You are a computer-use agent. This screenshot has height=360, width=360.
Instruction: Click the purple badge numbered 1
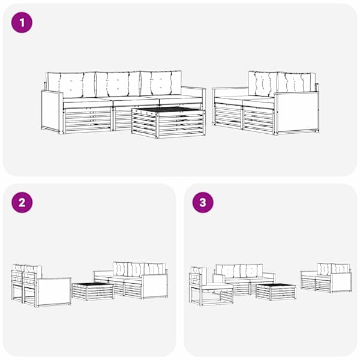(22, 23)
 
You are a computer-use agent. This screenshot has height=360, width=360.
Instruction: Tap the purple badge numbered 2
(22, 203)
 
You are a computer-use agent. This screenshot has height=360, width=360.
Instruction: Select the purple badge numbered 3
(203, 203)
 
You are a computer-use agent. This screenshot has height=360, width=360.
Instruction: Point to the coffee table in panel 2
(93, 292)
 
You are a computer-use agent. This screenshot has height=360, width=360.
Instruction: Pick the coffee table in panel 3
(276, 292)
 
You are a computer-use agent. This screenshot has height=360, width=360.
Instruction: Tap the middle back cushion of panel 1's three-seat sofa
(118, 84)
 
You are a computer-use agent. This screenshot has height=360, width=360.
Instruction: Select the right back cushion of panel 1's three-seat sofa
(161, 83)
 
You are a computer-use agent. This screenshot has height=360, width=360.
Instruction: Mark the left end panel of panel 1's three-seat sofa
(52, 112)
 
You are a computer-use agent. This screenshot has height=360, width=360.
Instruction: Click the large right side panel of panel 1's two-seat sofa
(297, 112)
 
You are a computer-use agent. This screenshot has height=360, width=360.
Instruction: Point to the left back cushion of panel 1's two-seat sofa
(262, 84)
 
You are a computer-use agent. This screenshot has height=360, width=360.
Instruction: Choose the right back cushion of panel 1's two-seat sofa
(296, 83)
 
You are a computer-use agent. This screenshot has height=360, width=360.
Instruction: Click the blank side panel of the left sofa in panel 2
(54, 292)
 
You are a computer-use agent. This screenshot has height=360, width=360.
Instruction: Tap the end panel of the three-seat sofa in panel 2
(155, 286)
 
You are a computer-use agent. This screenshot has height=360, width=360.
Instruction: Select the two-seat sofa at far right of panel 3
(326, 278)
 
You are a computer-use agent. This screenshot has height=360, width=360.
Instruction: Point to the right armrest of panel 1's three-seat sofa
(193, 88)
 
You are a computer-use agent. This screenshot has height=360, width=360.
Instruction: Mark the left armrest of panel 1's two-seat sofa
(230, 89)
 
